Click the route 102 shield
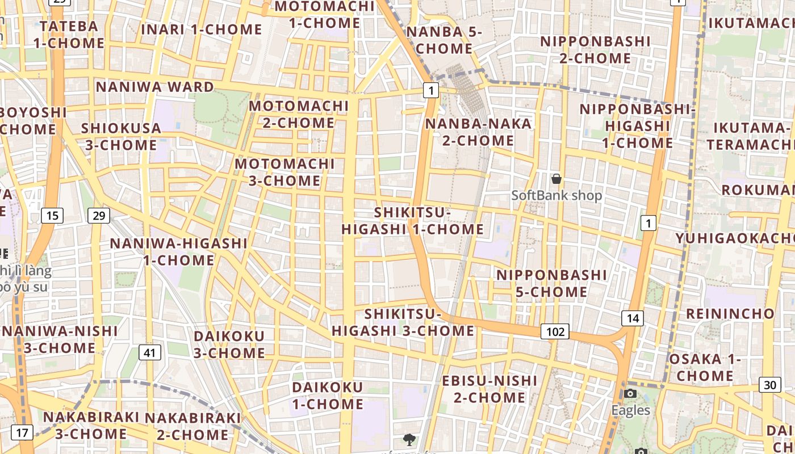pyautogui.click(x=555, y=331)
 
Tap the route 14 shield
pyautogui.click(x=632, y=318)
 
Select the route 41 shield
pyautogui.click(x=149, y=352)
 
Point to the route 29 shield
pyautogui.click(x=99, y=216)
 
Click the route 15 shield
pyautogui.click(x=52, y=216)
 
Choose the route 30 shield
pyautogui.click(x=769, y=385)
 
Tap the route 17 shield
pyautogui.click(x=22, y=432)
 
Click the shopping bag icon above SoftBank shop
pyautogui.click(x=556, y=179)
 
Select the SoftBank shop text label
pyautogui.click(x=556, y=196)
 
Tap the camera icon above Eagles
pyautogui.click(x=630, y=394)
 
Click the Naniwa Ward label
pyautogui.click(x=154, y=87)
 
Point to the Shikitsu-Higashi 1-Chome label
pyautogui.click(x=412, y=221)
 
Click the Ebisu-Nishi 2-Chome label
pyautogui.click(x=489, y=389)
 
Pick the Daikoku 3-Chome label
pyautogui.click(x=229, y=344)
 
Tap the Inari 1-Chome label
pyautogui.click(x=202, y=30)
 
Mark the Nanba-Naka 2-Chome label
pyautogui.click(x=478, y=132)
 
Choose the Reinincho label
pyautogui.click(x=730, y=314)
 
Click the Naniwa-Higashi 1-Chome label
pyautogui.click(x=178, y=252)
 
